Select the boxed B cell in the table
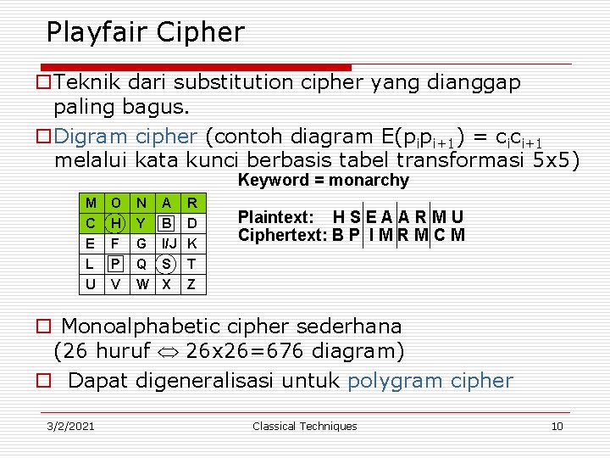click(167, 223)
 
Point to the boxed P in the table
click(116, 264)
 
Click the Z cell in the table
click(192, 284)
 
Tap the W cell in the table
click(141, 284)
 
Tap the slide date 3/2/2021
click(70, 426)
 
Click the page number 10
click(557, 426)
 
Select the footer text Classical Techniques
click(305, 426)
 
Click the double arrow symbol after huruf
click(167, 350)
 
